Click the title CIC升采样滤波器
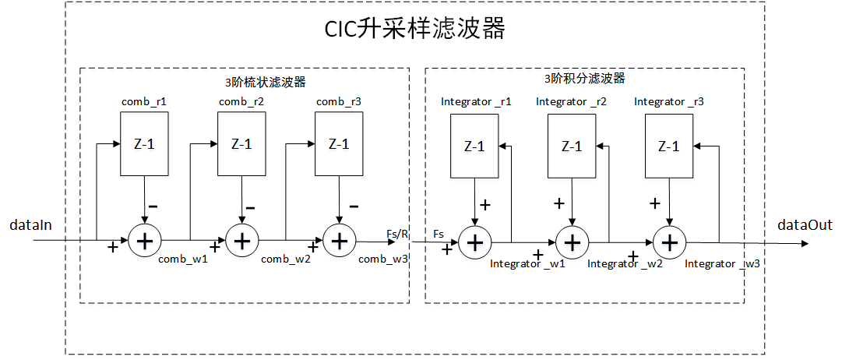(414, 30)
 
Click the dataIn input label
(30, 225)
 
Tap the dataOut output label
(804, 225)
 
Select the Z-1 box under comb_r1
(144, 143)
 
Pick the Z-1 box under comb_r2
(241, 143)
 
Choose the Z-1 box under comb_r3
(338, 143)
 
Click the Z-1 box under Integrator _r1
(474, 146)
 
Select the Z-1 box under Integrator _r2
(572, 146)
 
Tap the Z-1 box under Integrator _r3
(668, 146)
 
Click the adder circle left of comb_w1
(144, 242)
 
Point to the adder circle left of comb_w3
(338, 242)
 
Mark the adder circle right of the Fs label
(474, 242)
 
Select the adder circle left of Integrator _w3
(668, 242)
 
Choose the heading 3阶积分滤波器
(584, 79)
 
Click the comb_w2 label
(286, 259)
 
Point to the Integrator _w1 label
(527, 264)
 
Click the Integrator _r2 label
(571, 101)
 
